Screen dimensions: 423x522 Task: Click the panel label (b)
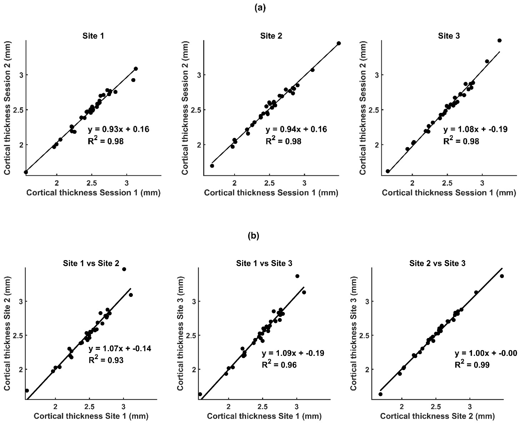253,235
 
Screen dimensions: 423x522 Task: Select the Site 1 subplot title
93,36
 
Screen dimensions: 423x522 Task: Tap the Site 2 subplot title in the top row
271,36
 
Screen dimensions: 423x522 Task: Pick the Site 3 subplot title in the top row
449,36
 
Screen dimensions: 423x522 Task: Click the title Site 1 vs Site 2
91,263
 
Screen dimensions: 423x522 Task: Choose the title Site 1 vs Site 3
264,263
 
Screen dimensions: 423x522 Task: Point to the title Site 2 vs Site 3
437,263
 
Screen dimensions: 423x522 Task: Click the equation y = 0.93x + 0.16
118,129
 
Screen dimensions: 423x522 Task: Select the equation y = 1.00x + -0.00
486,353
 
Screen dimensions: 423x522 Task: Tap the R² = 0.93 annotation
106,360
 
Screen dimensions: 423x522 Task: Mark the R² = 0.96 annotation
279,365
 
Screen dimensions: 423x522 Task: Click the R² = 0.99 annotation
472,365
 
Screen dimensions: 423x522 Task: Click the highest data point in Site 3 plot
500,40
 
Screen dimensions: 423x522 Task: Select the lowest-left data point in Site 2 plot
212,166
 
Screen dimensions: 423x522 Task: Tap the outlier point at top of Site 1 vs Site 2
124,269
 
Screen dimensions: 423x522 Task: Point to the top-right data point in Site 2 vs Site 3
502,276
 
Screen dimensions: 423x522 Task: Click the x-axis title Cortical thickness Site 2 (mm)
437,416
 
